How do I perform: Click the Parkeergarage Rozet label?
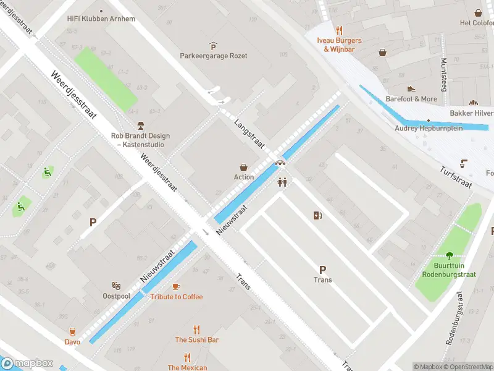pyautogui.click(x=214, y=56)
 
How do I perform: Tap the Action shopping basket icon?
pyautogui.click(x=244, y=167)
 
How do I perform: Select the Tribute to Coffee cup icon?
pyautogui.click(x=176, y=286)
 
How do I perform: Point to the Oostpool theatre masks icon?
pyautogui.click(x=116, y=286)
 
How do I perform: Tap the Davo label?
pyautogui.click(x=72, y=341)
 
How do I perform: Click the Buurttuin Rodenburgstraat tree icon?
pyautogui.click(x=449, y=255)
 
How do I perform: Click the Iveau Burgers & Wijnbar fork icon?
pyautogui.click(x=339, y=30)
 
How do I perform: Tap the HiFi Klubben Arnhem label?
pyautogui.click(x=101, y=19)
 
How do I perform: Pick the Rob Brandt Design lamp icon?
pyautogui.click(x=141, y=126)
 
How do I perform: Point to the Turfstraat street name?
pyautogui.click(x=456, y=177)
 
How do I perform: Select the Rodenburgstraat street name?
pyautogui.click(x=454, y=318)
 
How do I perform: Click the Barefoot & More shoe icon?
pyautogui.click(x=411, y=89)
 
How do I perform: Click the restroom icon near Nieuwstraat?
pyautogui.click(x=283, y=182)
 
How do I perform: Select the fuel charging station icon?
pyautogui.click(x=318, y=215)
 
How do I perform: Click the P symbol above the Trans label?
pyautogui.click(x=322, y=270)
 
